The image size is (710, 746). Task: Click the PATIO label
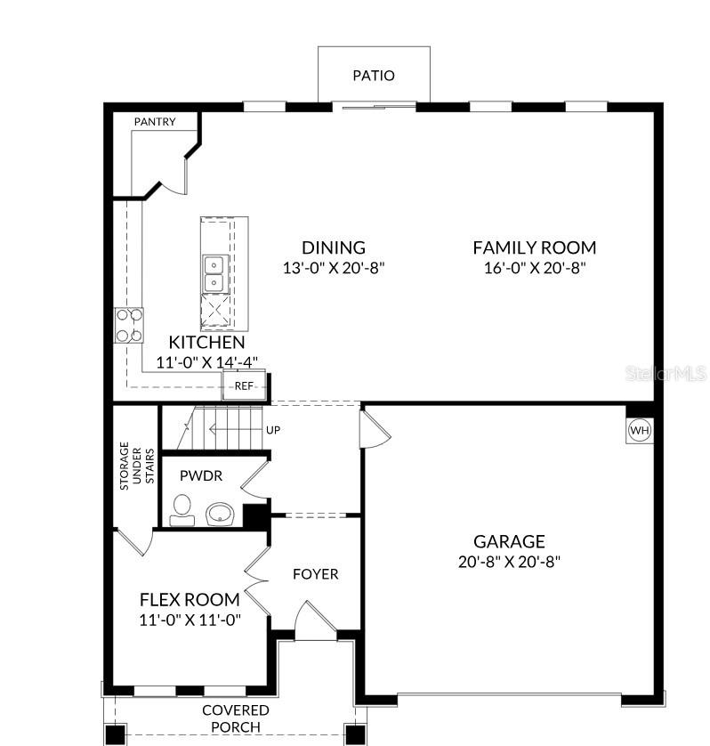pos(374,76)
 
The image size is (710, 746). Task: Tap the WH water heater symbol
pos(640,431)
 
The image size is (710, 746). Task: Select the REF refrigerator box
pos(244,385)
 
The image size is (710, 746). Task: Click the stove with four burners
pos(129,325)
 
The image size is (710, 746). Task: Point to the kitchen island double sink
pos(214,273)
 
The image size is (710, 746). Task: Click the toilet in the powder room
pos(182,510)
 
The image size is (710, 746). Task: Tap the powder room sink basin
pos(219,514)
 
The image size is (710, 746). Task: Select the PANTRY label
pos(155,122)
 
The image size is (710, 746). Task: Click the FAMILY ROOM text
pos(534,247)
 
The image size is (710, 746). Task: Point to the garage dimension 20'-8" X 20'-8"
pos(509,562)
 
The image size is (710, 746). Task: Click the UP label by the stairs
pos(273,430)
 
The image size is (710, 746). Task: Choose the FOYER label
pos(316,574)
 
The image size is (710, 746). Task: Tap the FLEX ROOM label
pos(190,599)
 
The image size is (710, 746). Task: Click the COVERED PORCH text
pos(236,718)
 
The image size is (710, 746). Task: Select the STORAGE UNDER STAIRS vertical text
pos(137,463)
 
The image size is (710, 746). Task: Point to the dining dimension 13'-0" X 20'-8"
pos(334,267)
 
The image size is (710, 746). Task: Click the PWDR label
pos(200,476)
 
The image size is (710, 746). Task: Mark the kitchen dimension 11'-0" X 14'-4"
pos(207,362)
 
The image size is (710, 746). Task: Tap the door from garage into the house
pos(374,430)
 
